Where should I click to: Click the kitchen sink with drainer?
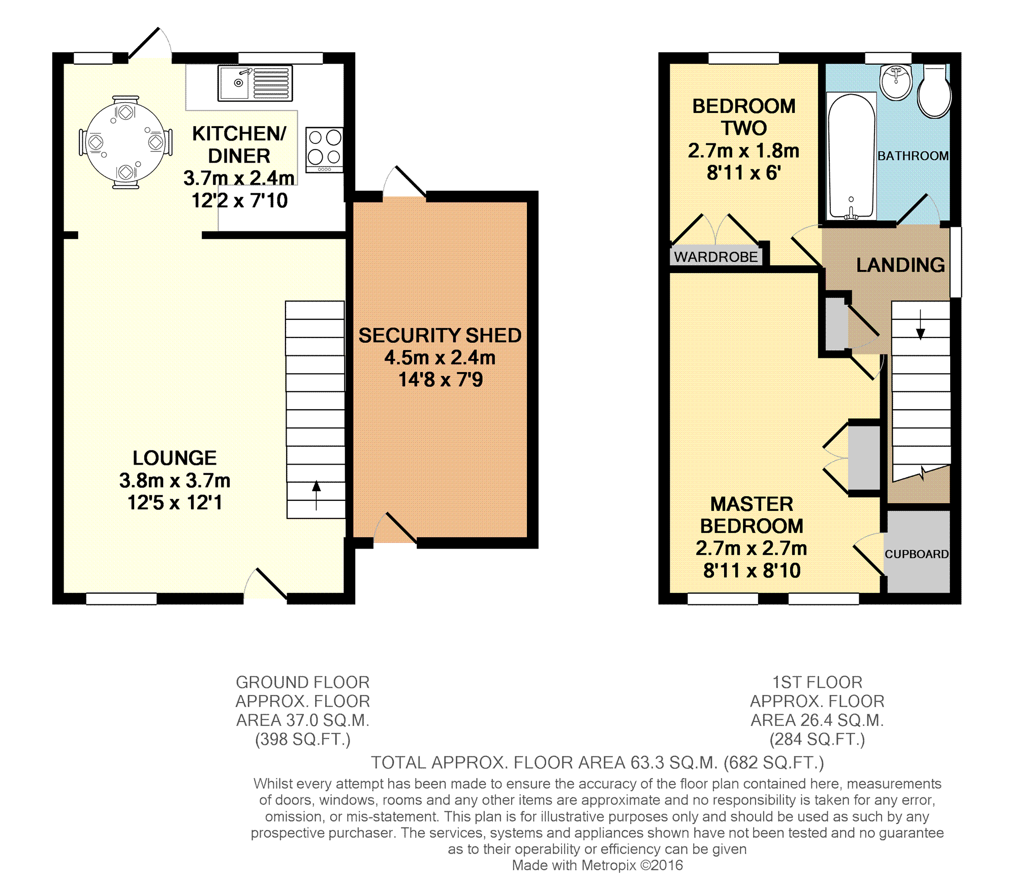pyautogui.click(x=255, y=82)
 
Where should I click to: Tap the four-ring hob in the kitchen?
pyautogui.click(x=324, y=150)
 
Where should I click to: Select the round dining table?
pyautogui.click(x=126, y=142)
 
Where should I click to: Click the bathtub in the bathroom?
pyautogui.click(x=851, y=156)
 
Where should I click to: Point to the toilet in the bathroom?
pyautogui.click(x=934, y=91)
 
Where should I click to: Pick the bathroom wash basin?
pyautogui.click(x=896, y=81)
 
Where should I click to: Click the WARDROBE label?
pyautogui.click(x=716, y=257)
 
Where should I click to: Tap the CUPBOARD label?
pyautogui.click(x=917, y=554)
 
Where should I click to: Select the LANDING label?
pyautogui.click(x=900, y=265)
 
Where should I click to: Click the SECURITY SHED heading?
pyautogui.click(x=440, y=336)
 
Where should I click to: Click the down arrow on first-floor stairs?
pyautogui.click(x=920, y=324)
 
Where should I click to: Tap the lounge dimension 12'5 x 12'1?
pyautogui.click(x=175, y=503)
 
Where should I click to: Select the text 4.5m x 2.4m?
pyautogui.click(x=440, y=357)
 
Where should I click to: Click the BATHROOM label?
pyautogui.click(x=913, y=156)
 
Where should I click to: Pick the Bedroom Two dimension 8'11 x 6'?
pyautogui.click(x=744, y=173)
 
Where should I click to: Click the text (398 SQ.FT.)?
pyautogui.click(x=303, y=739)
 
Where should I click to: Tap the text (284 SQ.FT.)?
pyautogui.click(x=817, y=739)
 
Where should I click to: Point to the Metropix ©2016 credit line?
pyautogui.click(x=598, y=865)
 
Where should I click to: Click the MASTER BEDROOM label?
pyautogui.click(x=752, y=515)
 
